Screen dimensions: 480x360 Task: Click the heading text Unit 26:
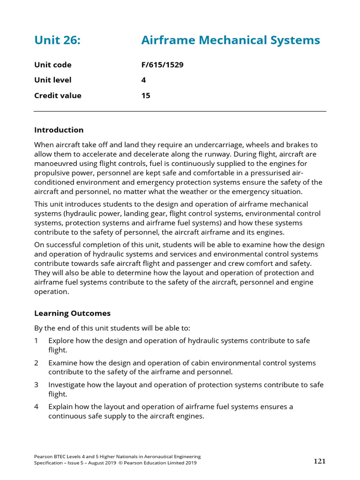[x=57, y=40]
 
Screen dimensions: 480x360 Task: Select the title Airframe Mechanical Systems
[x=230, y=40]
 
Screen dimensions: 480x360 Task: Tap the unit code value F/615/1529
[x=162, y=65]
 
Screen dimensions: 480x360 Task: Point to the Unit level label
[x=53, y=80]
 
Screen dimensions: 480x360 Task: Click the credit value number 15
[x=146, y=96]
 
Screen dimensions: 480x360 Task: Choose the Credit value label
[x=58, y=96]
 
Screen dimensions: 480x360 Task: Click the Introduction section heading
[x=59, y=130]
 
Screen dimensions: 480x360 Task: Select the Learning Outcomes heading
[x=72, y=313]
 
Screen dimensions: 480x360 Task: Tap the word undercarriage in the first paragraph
[x=217, y=145]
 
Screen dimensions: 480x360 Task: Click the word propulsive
[x=53, y=173]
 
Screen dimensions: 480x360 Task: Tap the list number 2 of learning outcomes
[x=36, y=363]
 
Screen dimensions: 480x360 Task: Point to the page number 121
[x=319, y=461]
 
